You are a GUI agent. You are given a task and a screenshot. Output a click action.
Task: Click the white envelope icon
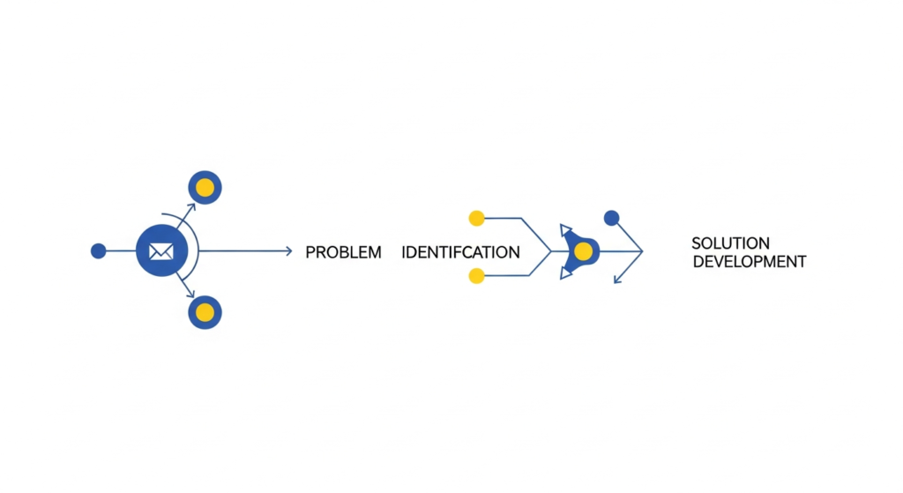point(160,251)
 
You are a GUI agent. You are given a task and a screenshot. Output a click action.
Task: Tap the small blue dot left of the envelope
point(99,251)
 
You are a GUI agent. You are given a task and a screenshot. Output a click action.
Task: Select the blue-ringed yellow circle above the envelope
point(205,187)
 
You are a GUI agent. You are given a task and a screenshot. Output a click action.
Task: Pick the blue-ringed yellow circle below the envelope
point(205,312)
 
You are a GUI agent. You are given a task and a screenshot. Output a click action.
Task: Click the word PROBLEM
point(343,252)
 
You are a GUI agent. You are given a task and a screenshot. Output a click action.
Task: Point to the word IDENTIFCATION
point(460,252)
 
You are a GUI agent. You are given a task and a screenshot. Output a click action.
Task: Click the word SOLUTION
point(730,243)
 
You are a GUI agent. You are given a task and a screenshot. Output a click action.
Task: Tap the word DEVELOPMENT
point(749,262)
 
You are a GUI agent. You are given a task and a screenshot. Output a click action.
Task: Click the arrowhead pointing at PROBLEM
point(287,251)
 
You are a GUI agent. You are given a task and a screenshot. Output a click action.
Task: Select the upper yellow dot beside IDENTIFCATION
point(477,218)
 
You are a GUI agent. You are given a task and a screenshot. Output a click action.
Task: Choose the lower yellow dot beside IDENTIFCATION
point(477,276)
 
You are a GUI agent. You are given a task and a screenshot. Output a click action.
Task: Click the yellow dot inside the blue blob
point(583,251)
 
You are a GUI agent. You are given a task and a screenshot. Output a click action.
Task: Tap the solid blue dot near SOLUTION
point(611,218)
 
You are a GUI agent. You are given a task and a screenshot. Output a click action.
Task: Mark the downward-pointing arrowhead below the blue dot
point(617,280)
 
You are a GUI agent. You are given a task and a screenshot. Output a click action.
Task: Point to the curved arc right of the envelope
point(197,251)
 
